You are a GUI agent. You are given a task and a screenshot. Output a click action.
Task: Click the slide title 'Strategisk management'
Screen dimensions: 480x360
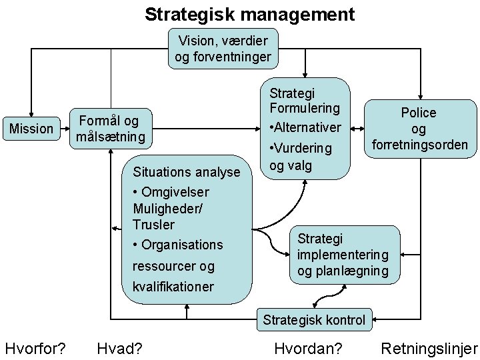[250, 13]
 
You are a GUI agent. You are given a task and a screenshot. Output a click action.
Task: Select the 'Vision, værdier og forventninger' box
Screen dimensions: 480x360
[223, 49]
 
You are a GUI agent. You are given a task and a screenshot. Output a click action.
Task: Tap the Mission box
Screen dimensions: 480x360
[31, 129]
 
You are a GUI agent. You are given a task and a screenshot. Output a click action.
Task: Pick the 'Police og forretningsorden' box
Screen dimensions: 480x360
[418, 129]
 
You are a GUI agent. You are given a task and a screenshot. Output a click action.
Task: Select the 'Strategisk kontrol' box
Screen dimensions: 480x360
[314, 320]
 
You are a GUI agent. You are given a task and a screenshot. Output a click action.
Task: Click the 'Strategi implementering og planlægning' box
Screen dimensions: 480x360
[343, 255]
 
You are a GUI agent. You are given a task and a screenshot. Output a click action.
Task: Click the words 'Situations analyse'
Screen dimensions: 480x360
[187, 172]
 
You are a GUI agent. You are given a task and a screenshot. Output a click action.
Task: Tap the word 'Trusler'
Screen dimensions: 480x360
[153, 225]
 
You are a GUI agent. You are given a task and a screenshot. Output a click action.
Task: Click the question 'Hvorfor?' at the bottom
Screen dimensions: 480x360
[35, 348]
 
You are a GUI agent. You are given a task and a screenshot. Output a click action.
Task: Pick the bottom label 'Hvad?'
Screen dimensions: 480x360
[123, 348]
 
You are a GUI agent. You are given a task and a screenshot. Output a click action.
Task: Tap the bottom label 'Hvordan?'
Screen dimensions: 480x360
[308, 348]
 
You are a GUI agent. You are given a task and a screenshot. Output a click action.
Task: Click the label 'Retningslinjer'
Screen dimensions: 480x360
[429, 348]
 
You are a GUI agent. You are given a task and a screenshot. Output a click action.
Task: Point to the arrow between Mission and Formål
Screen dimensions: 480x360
[62, 129]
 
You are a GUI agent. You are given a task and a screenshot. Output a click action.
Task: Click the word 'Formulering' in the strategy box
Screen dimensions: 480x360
[305, 107]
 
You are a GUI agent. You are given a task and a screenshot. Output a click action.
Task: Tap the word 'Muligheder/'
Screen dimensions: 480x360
[167, 208]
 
